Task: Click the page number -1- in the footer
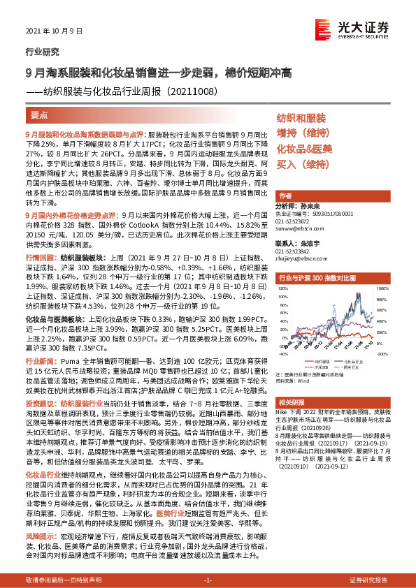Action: (x=207, y=580)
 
